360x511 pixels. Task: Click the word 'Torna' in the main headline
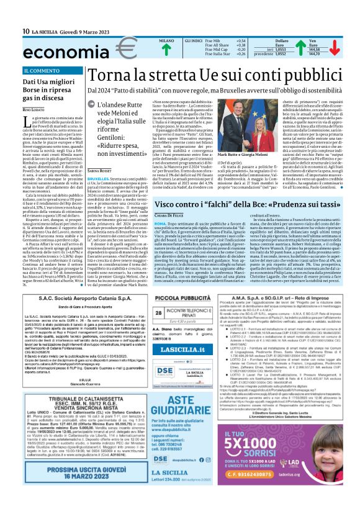coord(109,75)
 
